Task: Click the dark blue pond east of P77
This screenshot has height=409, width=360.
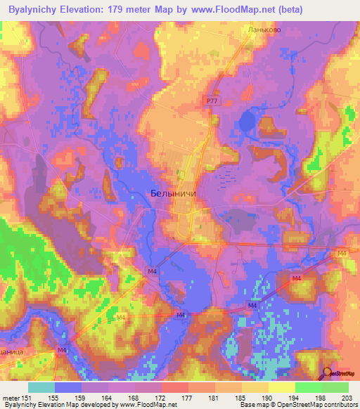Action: pos(247,122)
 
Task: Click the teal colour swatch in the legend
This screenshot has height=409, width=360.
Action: pos(41,387)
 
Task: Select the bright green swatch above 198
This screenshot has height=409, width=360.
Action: pos(308,387)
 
